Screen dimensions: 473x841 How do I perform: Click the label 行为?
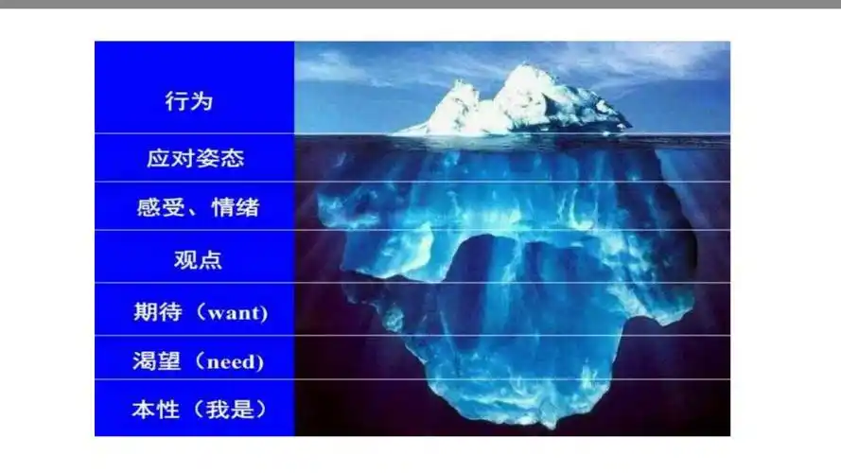tap(189, 101)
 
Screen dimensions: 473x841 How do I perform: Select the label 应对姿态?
tap(195, 158)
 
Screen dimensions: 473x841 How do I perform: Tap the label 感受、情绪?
tap(198, 207)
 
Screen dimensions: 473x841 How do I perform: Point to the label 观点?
tap(198, 259)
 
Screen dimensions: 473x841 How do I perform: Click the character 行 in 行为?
tap(177, 101)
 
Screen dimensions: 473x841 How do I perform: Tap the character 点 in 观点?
tap(210, 259)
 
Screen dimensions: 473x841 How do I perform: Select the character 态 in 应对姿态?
tap(232, 158)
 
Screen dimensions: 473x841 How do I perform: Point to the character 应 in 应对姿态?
tap(158, 158)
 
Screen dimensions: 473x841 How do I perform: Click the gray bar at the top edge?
tap(420, 4)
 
